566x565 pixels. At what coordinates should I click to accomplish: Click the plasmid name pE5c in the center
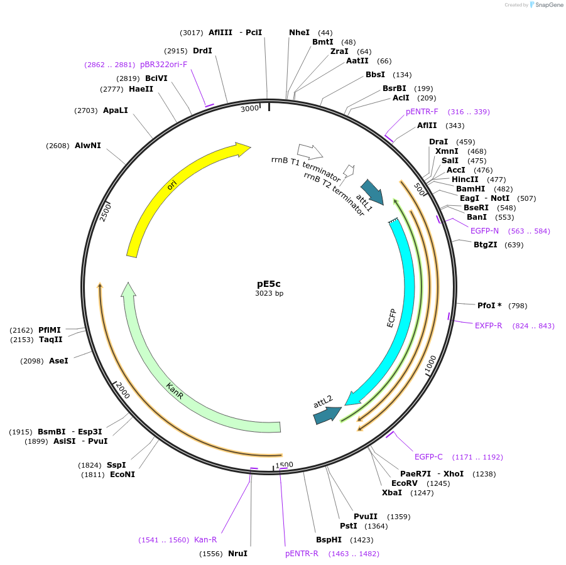(269, 284)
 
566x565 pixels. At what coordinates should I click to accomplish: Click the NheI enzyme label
(299, 33)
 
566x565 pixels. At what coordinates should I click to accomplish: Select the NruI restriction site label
(237, 554)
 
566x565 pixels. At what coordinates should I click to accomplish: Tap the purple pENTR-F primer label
(422, 112)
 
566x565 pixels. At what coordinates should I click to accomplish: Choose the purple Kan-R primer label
(205, 540)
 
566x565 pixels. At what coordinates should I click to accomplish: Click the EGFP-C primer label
(428, 457)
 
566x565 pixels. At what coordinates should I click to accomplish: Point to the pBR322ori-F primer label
(163, 65)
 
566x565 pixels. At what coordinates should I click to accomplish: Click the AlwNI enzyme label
(88, 146)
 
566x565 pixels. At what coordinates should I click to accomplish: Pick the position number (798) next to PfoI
(518, 306)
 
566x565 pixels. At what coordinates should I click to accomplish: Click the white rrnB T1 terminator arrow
(310, 151)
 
